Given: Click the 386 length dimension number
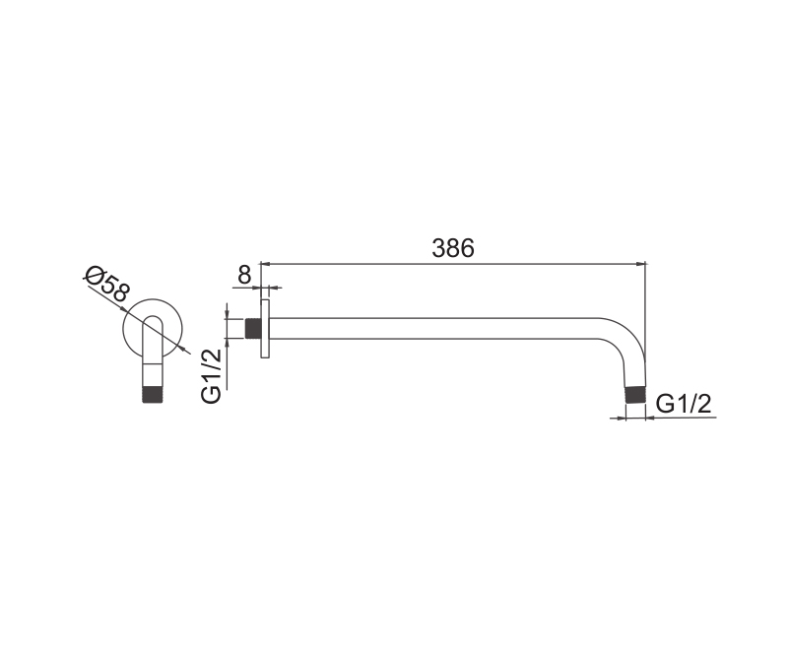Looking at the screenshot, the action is coord(453,248).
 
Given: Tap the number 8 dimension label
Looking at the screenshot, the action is coord(243,275).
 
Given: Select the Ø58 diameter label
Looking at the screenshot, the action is coord(108,285).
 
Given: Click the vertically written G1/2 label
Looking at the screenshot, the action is coord(211,375).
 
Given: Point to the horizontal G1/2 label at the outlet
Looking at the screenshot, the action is coord(684,404).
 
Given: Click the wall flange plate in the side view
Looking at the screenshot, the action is coord(265,329).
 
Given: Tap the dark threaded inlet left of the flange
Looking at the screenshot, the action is coord(252,329).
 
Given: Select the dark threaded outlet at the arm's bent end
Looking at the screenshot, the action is coord(634,394).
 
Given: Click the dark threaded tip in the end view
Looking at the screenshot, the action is coord(153,394).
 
